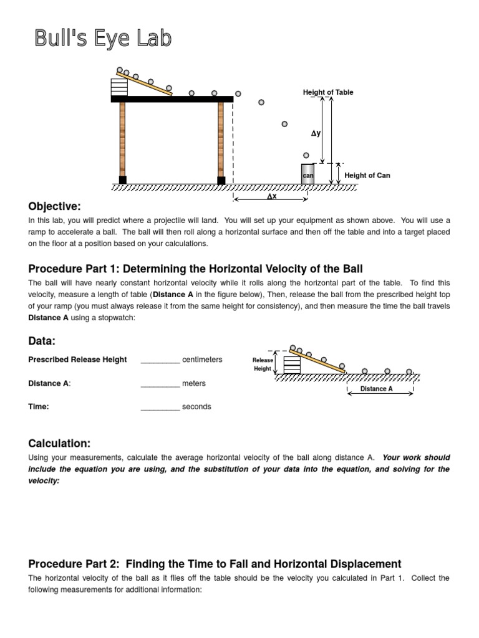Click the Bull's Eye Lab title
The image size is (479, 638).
(x=102, y=39)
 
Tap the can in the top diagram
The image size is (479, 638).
(x=307, y=174)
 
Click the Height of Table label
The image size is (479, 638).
(x=328, y=92)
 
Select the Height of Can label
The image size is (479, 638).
(x=367, y=176)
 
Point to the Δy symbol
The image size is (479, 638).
(x=316, y=133)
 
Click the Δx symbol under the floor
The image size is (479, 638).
(x=271, y=196)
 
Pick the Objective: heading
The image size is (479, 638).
(x=55, y=206)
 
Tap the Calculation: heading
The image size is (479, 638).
(x=59, y=443)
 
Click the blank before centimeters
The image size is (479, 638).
(x=160, y=360)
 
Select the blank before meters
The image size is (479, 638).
(x=160, y=384)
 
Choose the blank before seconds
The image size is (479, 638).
(x=160, y=407)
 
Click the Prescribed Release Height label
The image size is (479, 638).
(x=77, y=359)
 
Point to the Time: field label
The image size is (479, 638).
(x=39, y=407)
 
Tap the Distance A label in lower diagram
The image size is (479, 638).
(x=377, y=389)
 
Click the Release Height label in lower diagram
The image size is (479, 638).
(x=263, y=364)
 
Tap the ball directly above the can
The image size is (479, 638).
(x=306, y=155)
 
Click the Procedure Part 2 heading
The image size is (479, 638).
(x=215, y=564)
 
